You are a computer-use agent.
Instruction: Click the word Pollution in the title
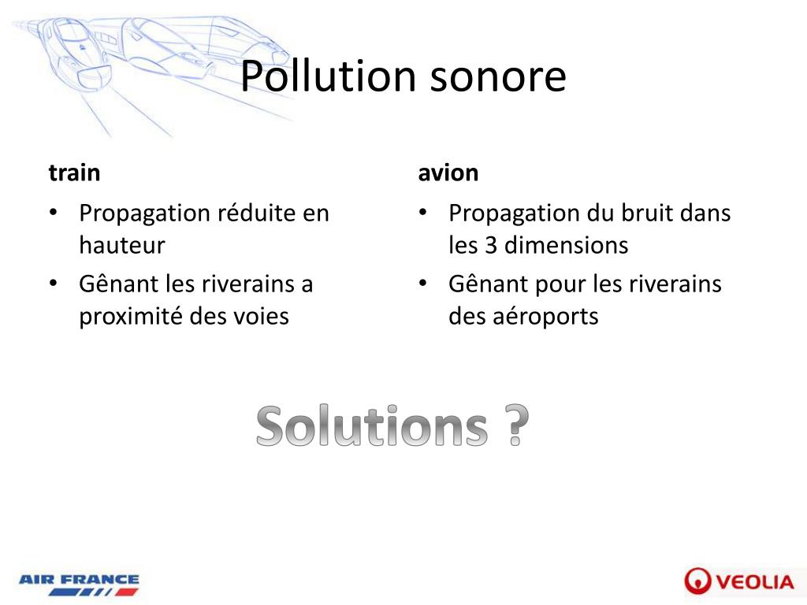coord(328,76)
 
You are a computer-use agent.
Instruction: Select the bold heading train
coord(74,173)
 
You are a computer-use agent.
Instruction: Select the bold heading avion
coord(448,173)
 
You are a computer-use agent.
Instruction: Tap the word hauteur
coord(121,246)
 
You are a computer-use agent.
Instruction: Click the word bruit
coord(644,213)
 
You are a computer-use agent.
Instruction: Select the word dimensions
coord(567,246)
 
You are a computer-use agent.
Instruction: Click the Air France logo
coord(79,585)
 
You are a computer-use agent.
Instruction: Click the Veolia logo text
coord(755,582)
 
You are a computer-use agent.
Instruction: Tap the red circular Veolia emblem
coord(698,581)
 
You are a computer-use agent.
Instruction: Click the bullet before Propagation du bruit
coord(423,213)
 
